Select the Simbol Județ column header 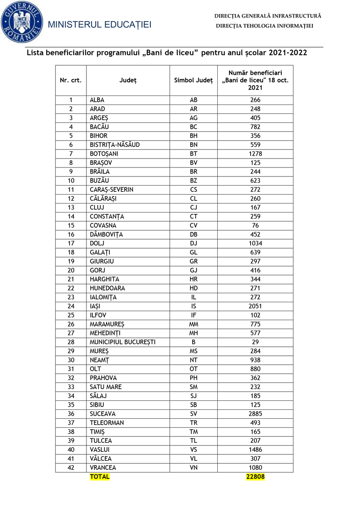(x=193, y=80)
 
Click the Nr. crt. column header (x=71, y=80)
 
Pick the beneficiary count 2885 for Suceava (x=255, y=414)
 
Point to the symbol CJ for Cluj (x=193, y=208)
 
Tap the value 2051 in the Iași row (x=255, y=306)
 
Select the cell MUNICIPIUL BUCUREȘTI (x=122, y=342)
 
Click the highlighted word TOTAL (x=99, y=476)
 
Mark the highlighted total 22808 (x=255, y=476)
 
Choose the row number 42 (x=71, y=467)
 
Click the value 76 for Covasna (x=255, y=226)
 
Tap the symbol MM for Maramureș (x=193, y=324)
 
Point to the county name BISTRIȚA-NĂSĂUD (x=115, y=145)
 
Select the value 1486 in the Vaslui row (x=255, y=449)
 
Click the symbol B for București (x=193, y=342)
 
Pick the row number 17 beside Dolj (x=71, y=244)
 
